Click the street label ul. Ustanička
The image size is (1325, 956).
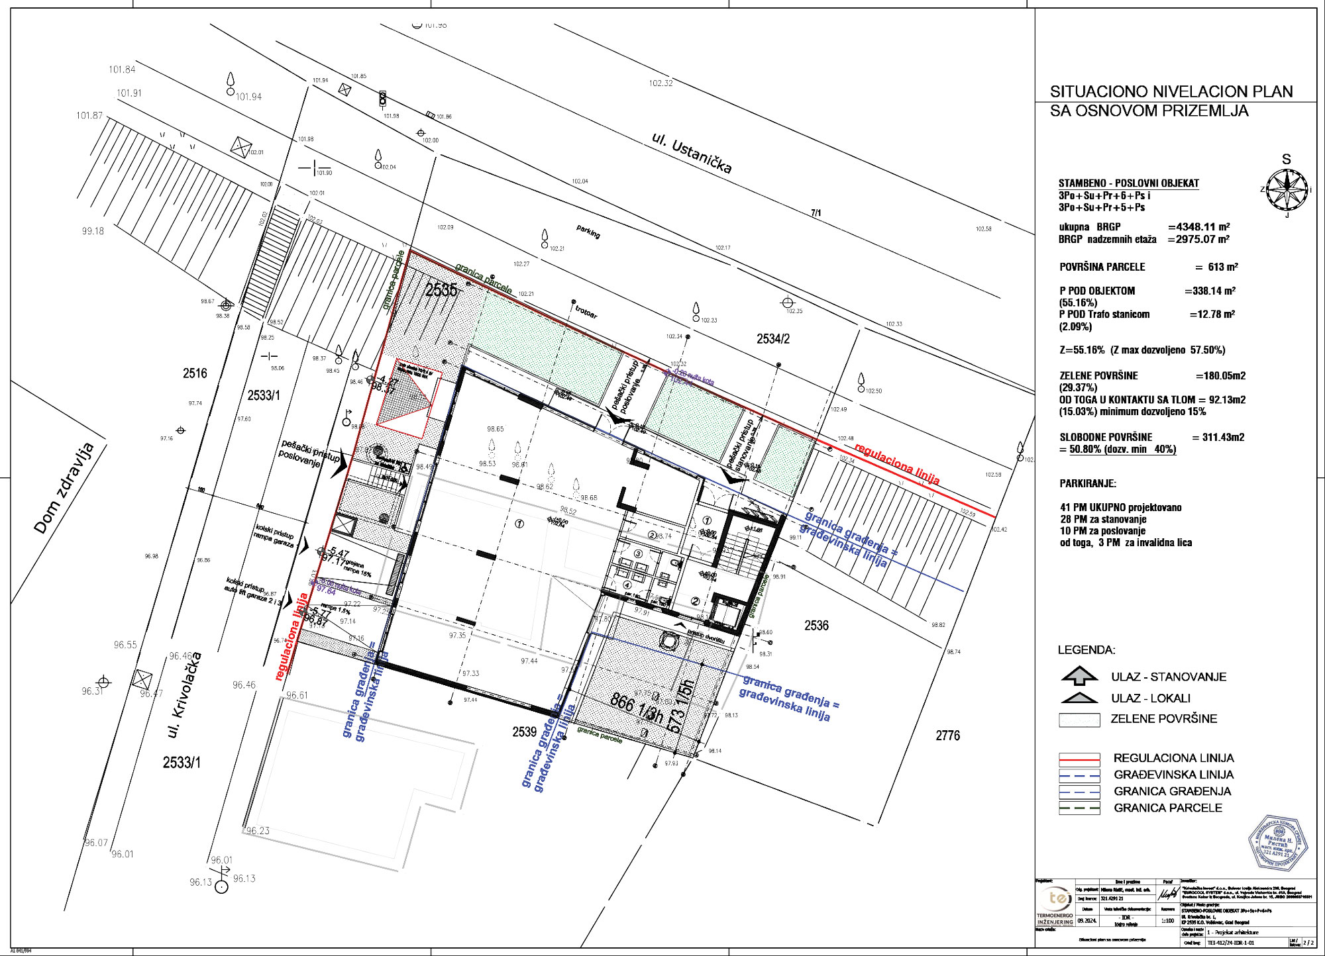click(692, 153)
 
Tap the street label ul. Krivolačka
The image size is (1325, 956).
click(185, 694)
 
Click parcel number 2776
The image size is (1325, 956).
click(947, 736)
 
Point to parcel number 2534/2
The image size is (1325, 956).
click(773, 339)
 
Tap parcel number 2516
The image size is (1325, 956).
click(195, 373)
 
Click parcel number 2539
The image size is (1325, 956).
click(524, 732)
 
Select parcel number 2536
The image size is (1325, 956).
click(816, 626)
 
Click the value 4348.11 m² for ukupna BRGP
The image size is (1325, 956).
click(1202, 226)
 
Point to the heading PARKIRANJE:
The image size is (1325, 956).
click(1088, 484)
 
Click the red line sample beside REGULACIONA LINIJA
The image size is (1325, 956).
click(1079, 758)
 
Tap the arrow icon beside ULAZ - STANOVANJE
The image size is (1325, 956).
click(1079, 675)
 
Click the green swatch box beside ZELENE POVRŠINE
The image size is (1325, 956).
click(1079, 720)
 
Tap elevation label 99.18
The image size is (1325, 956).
click(93, 232)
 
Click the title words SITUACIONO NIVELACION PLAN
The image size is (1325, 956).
click(1171, 91)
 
